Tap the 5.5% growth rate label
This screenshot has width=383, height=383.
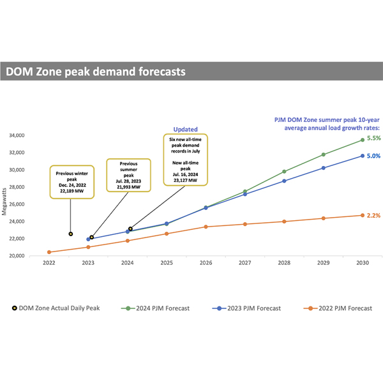click(x=374, y=138)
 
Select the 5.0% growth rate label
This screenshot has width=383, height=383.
click(x=374, y=156)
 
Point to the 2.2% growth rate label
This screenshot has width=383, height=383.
click(x=374, y=216)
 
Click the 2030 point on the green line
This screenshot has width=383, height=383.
click(x=363, y=140)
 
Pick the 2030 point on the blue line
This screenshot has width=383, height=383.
click(x=363, y=156)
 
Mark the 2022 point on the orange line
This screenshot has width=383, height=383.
click(x=49, y=252)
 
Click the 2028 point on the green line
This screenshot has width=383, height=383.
click(x=284, y=172)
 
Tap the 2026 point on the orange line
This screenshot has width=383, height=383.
click(x=206, y=227)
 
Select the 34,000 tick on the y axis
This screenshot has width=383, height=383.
click(x=33, y=135)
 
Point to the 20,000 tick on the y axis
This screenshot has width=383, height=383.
click(x=33, y=256)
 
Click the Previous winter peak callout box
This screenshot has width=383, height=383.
click(x=70, y=181)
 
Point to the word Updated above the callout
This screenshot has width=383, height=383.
click(x=186, y=129)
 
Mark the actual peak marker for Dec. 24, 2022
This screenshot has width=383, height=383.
click(x=70, y=234)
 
